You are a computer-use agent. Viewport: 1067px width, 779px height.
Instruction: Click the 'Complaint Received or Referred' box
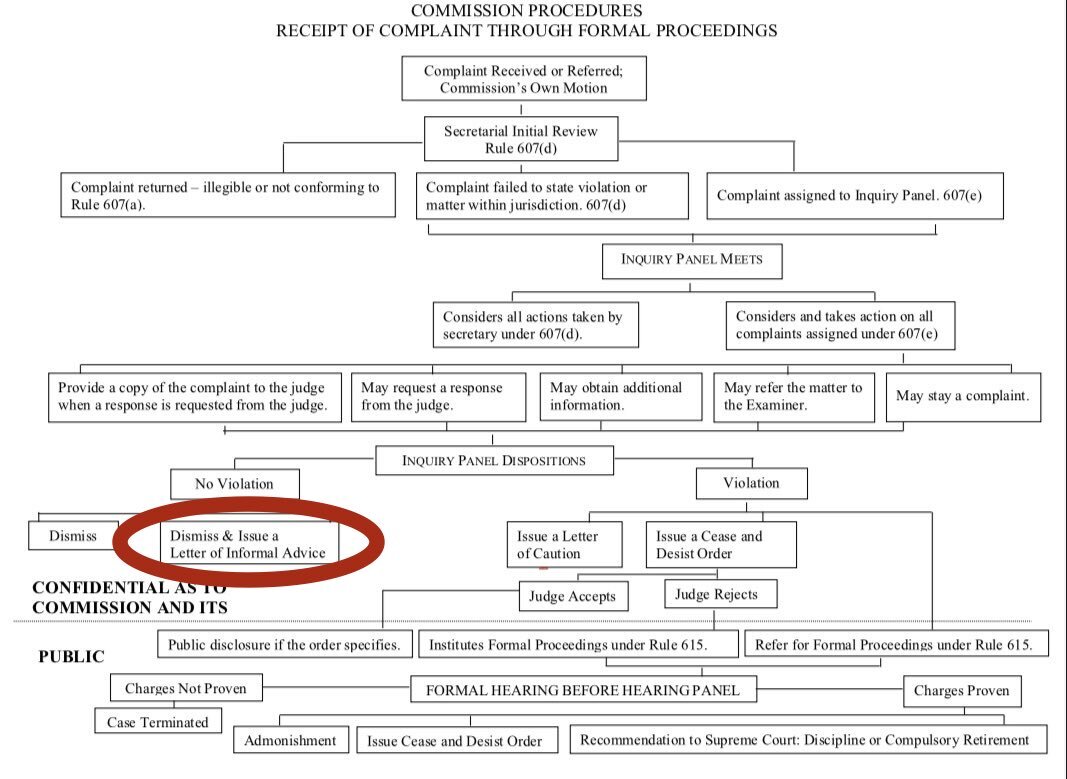coord(523,78)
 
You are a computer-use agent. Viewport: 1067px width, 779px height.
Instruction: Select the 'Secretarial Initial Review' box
coord(521,139)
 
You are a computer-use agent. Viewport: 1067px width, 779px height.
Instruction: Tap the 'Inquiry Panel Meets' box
coord(692,260)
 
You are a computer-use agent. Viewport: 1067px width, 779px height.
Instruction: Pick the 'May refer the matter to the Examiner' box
coord(793,396)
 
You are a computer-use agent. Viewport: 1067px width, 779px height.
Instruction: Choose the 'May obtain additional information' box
coord(620,396)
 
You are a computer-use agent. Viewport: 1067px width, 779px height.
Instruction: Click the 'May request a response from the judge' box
coord(437,396)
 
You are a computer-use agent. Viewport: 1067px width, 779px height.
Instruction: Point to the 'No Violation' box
coord(235,484)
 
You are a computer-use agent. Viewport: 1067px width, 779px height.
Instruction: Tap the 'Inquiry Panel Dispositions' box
coord(494,461)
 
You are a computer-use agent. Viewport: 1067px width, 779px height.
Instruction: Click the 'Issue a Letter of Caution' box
coord(564,544)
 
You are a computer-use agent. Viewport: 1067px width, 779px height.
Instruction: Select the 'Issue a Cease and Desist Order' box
coord(720,544)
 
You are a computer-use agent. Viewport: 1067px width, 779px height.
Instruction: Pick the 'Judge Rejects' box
coord(716,594)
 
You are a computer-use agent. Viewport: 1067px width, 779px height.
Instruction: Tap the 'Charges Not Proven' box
coord(185,688)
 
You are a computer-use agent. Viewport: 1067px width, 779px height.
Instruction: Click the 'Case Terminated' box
coord(159,721)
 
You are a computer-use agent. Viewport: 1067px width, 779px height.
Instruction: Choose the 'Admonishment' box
coord(291,740)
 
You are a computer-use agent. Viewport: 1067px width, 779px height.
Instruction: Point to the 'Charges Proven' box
coord(962,690)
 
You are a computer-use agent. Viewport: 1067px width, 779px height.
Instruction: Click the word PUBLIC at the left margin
coord(71,657)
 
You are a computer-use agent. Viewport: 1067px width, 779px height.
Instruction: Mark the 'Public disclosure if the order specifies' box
coord(285,644)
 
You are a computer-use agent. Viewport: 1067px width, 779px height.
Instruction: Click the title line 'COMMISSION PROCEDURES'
coord(527,11)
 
